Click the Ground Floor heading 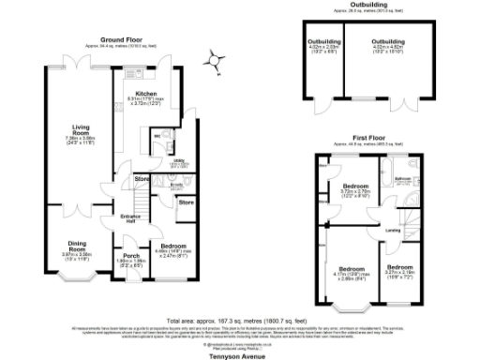[127, 39]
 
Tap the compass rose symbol [217, 62]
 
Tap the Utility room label [178, 160]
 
